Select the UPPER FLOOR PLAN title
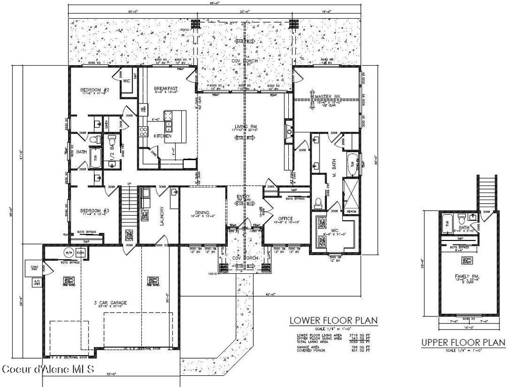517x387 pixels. [463, 343]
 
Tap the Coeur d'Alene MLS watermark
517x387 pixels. [48, 369]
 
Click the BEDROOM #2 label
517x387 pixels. [95, 90]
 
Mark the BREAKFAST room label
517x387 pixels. [166, 89]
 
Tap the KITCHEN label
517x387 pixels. [163, 136]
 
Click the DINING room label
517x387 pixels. [202, 213]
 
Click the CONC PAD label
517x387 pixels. [34, 268]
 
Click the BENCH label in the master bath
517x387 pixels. [351, 211]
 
